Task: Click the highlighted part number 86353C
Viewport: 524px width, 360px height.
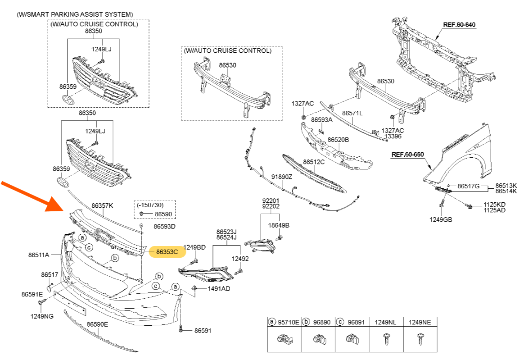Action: pyautogui.click(x=167, y=252)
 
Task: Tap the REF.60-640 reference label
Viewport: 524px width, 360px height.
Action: pyautogui.click(x=459, y=24)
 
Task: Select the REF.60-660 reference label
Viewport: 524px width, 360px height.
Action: pyautogui.click(x=407, y=155)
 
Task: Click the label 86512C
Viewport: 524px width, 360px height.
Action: pyautogui.click(x=314, y=162)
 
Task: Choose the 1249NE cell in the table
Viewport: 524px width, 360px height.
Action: pyautogui.click(x=420, y=322)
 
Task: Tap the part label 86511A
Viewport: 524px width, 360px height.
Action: pyautogui.click(x=39, y=255)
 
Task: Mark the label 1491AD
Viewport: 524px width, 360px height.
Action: pyautogui.click(x=219, y=288)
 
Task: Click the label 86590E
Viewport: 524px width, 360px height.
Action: pyautogui.click(x=98, y=324)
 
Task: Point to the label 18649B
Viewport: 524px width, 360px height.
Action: pyautogui.click(x=279, y=225)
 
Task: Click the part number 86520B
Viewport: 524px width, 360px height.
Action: pyautogui.click(x=338, y=140)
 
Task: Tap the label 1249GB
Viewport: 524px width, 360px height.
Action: pyautogui.click(x=441, y=219)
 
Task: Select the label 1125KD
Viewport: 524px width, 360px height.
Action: pyautogui.click(x=494, y=204)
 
